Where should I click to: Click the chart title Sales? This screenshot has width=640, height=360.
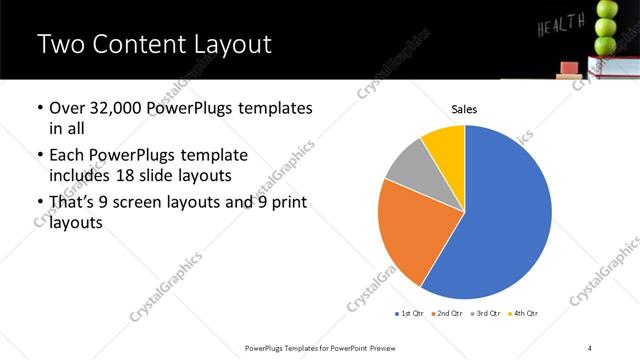point(464,108)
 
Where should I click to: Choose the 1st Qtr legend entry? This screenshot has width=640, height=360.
point(409,314)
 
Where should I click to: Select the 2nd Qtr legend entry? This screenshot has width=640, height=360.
point(448,314)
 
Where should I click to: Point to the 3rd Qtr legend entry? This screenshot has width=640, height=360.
point(487,314)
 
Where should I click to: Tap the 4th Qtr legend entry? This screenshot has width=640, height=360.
point(524,314)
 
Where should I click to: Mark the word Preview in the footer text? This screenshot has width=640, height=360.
point(387,347)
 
